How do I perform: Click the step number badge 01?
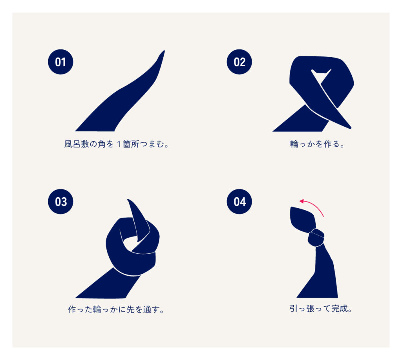tap(60, 62)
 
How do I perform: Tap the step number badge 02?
tap(239, 62)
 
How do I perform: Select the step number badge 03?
tap(60, 202)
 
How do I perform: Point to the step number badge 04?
tap(239, 202)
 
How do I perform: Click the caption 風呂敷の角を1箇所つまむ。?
tap(116, 144)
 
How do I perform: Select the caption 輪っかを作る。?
tap(317, 144)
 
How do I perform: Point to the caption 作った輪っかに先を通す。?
tap(116, 309)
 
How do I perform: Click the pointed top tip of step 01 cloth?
tap(164, 51)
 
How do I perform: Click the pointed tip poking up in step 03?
tap(128, 200)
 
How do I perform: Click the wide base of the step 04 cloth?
tap(317, 292)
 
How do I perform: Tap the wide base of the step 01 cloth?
tap(95, 127)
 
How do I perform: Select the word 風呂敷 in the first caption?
tap(77, 144)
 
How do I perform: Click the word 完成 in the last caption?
tap(339, 309)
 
